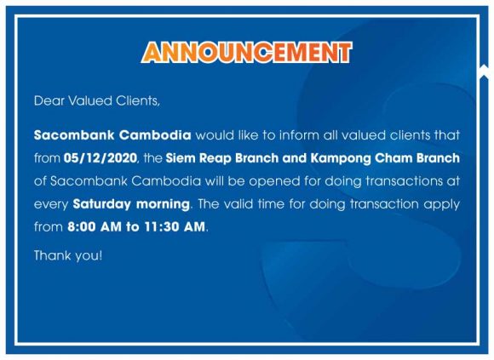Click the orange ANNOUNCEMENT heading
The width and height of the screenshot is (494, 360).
(246, 52)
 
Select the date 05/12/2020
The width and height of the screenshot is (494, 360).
(101, 158)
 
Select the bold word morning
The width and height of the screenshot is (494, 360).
(163, 204)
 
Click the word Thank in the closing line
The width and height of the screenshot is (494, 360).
(52, 255)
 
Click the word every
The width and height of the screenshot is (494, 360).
(51, 205)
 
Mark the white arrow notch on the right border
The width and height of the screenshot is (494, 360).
(483, 71)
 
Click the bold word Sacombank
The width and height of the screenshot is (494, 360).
(74, 135)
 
